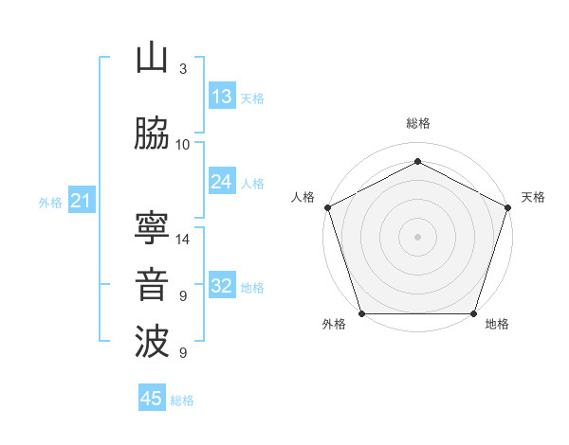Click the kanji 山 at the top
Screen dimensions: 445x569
coord(152,59)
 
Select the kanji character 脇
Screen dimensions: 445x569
coord(152,134)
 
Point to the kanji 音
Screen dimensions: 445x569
coord(152,286)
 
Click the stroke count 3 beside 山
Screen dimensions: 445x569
coord(183,69)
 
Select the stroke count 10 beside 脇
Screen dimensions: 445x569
coord(183,145)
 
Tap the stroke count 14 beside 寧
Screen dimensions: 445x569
coord(184,240)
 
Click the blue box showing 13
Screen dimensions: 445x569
coord(221,97)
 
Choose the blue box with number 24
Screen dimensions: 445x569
coord(221,182)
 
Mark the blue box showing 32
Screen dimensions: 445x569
coord(221,286)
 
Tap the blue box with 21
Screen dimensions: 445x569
coord(80,201)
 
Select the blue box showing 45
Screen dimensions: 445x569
coord(151,399)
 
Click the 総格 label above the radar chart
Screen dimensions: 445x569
coord(417,123)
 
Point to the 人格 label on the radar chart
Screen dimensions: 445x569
coord(303,197)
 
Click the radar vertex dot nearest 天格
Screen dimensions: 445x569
coord(506,207)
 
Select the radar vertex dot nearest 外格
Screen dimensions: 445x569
coord(362,312)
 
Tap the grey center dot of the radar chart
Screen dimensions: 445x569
coord(417,236)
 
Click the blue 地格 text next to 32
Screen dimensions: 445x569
coord(252,288)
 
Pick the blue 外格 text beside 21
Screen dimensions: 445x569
coord(50,203)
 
